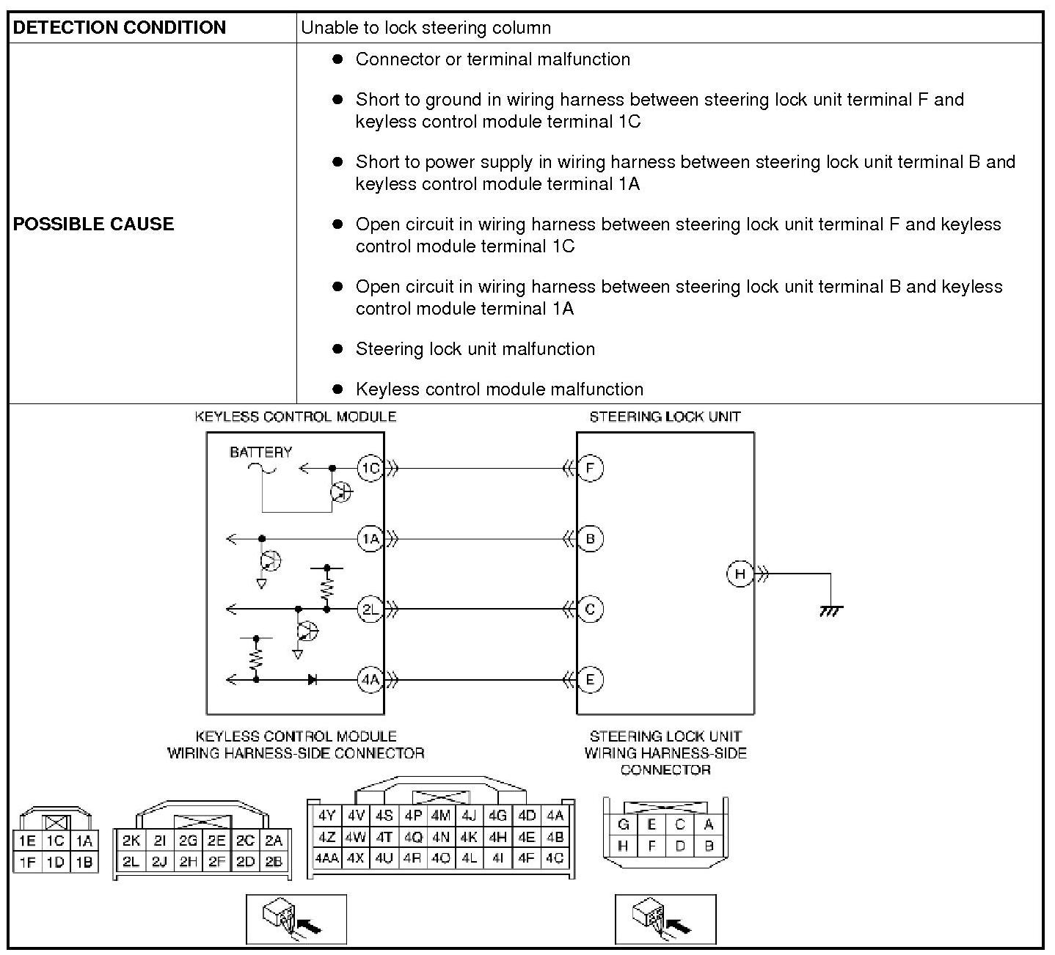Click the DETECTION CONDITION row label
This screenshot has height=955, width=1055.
[120, 28]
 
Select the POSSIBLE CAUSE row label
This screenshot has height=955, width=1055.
[93, 224]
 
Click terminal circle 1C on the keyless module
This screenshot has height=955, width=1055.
[370, 468]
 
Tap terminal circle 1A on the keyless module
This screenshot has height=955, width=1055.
[370, 539]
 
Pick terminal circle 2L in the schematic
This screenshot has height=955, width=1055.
[370, 609]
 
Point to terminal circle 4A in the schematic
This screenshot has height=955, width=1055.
[370, 679]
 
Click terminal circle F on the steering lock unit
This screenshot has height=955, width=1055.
[590, 468]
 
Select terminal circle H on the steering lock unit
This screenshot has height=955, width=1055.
[740, 574]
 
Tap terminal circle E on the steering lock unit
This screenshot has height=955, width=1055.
[590, 679]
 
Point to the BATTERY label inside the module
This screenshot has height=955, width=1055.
[260, 452]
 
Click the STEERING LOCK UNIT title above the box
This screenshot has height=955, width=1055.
[665, 417]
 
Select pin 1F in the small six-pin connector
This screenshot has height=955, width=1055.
[27, 862]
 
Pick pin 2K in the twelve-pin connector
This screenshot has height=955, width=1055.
[131, 841]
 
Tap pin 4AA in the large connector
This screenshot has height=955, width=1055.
[326, 857]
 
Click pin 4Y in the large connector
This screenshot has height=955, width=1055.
[326, 815]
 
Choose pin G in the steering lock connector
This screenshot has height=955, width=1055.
[624, 824]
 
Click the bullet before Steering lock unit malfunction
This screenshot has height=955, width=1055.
[337, 349]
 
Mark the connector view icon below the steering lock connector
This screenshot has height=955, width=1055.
[665, 919]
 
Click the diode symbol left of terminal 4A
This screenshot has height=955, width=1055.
[313, 680]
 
